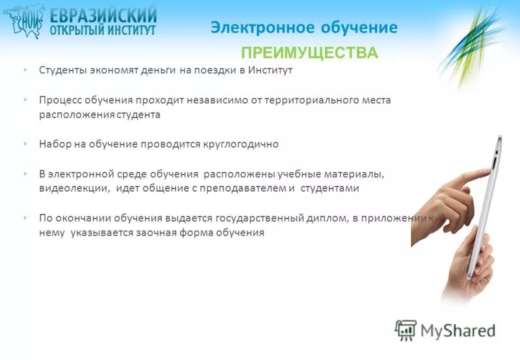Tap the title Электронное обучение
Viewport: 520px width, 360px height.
304,27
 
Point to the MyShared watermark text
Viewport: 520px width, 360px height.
458,330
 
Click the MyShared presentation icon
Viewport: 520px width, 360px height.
406,330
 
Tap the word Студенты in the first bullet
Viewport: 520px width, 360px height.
60,70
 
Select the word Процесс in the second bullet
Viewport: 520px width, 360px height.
58,101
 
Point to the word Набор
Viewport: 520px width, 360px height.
53,144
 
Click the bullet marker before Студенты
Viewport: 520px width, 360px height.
24,70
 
